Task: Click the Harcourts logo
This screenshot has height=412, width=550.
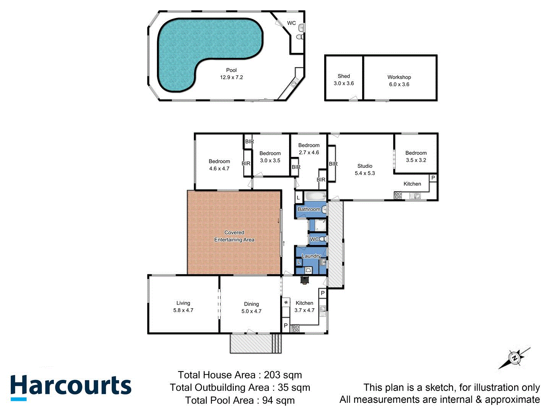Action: tap(71, 387)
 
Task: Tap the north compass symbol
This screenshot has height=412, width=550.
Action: tap(515, 358)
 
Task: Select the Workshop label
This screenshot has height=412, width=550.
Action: tap(399, 77)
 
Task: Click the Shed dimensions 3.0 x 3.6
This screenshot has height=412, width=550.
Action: tap(344, 83)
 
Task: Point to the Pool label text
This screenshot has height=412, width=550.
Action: tap(231, 70)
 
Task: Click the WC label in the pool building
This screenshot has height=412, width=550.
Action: tap(291, 23)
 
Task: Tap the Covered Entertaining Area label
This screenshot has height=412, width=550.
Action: tap(234, 236)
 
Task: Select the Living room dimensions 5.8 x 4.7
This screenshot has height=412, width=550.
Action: tap(183, 310)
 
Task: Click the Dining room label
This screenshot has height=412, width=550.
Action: tap(251, 304)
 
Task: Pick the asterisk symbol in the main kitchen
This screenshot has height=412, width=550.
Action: tap(286, 303)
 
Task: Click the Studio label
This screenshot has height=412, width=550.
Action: tap(365, 166)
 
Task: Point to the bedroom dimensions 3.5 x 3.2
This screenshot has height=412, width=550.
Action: tap(416, 160)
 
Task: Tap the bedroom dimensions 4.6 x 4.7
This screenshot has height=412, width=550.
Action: tap(219, 168)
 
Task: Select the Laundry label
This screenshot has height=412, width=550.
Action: tap(311, 256)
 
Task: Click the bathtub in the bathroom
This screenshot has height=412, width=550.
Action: tap(315, 196)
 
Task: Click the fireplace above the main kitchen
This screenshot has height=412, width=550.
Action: tap(304, 280)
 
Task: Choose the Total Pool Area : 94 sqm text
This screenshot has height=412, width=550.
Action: tap(240, 400)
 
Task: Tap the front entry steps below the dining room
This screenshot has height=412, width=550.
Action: tap(276, 343)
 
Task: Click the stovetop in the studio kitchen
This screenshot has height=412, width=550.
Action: tap(398, 196)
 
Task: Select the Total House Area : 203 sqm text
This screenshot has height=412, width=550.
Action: tap(240, 375)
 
